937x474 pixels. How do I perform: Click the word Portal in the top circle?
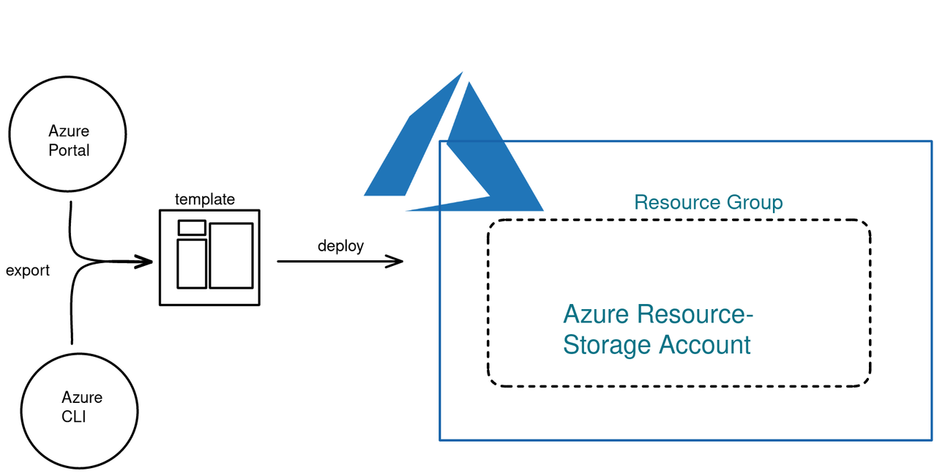click(69, 150)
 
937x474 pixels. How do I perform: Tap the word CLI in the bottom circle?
click(74, 417)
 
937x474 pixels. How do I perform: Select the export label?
click(28, 271)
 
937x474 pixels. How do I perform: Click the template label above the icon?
click(205, 199)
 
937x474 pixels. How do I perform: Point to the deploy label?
click(341, 246)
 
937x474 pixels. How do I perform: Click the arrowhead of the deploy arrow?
click(395, 262)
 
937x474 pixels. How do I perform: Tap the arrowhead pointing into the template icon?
click(144, 262)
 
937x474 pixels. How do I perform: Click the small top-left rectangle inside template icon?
click(192, 228)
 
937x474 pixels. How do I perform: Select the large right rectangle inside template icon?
click(231, 256)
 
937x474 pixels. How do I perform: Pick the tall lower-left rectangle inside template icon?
click(192, 264)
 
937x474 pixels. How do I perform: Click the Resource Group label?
click(709, 203)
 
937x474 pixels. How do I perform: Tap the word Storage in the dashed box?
click(607, 345)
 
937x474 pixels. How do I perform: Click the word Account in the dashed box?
click(705, 344)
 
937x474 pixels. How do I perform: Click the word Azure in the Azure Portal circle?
click(69, 131)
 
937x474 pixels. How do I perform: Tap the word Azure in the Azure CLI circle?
click(82, 397)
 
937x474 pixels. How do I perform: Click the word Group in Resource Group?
click(755, 203)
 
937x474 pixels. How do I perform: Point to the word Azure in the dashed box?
click(596, 314)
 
